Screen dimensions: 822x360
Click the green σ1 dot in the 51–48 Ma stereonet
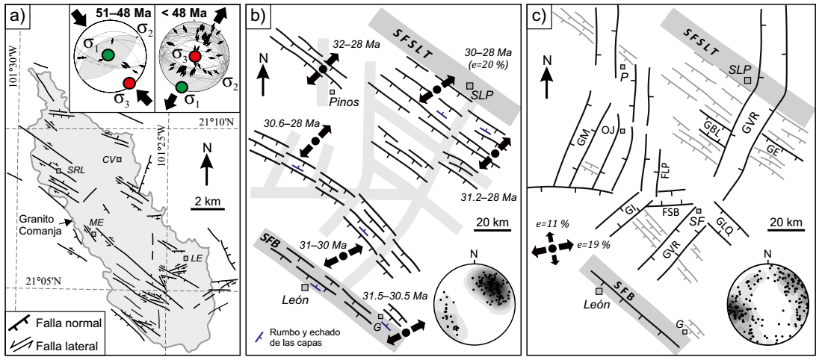[108, 55]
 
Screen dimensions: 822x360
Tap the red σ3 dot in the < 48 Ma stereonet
[195, 57]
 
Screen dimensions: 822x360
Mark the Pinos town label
[344, 102]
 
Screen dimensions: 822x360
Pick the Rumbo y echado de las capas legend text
[297, 338]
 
